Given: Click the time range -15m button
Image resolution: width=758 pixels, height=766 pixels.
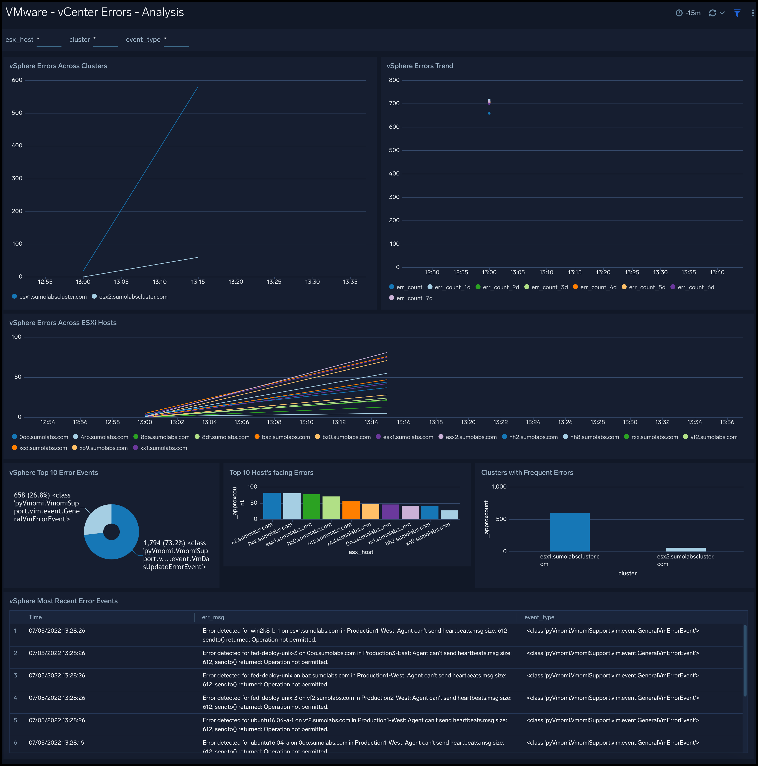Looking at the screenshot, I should [688, 13].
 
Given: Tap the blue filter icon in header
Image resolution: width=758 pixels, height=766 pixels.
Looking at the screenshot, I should [737, 13].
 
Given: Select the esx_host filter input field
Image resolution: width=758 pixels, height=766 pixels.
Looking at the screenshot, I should [49, 40].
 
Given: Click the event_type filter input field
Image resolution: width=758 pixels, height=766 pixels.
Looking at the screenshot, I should [176, 40].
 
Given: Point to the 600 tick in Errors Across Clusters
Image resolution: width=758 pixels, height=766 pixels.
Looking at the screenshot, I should [17, 80].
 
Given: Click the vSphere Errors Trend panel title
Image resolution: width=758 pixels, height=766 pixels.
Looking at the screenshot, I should [419, 66].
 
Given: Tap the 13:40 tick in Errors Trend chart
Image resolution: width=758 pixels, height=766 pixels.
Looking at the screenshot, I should [717, 273].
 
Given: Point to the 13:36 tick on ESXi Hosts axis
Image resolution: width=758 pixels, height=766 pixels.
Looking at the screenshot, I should [727, 422].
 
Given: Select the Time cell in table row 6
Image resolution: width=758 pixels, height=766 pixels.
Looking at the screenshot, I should [57, 743].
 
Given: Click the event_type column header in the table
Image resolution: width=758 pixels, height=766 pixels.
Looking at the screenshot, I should [539, 617].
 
